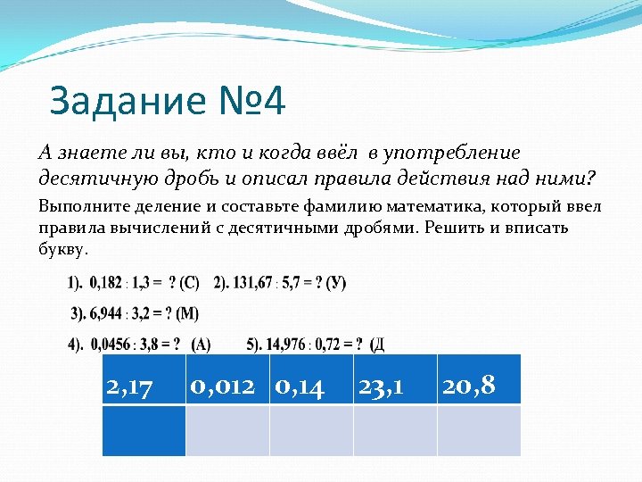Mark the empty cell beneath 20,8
click(479, 431)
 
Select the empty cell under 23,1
click(395, 431)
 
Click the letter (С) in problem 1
click(189, 283)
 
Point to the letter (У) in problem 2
click(336, 283)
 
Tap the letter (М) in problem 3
click(188, 313)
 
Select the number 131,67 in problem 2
click(256, 283)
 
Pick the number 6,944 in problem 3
click(108, 313)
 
